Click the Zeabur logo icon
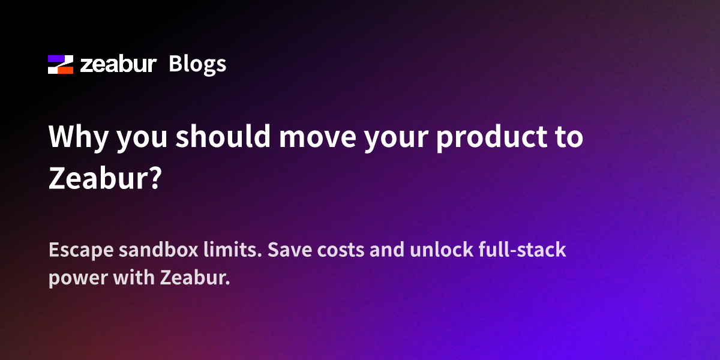pyautogui.click(x=60, y=64)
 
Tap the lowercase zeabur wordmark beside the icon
pyautogui.click(x=118, y=64)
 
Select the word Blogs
pyautogui.click(x=197, y=64)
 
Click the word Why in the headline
pyautogui.click(x=77, y=138)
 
